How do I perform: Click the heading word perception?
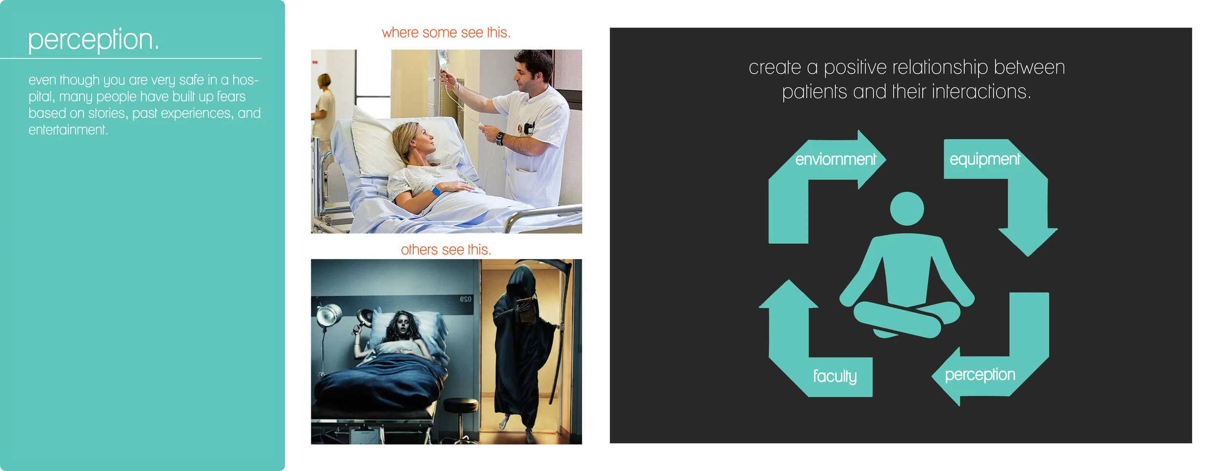tap(93, 40)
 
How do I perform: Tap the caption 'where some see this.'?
tap(446, 33)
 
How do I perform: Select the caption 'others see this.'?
tap(446, 250)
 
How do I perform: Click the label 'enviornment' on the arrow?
tap(835, 159)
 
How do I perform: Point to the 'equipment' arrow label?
tap(984, 159)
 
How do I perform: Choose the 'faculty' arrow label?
tap(834, 376)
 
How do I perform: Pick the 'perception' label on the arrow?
tap(979, 374)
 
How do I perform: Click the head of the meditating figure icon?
tap(907, 209)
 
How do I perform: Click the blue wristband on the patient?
tap(435, 191)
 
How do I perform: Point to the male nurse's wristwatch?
tap(500, 138)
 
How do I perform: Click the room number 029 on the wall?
tap(466, 299)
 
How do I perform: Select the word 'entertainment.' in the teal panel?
tap(68, 130)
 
